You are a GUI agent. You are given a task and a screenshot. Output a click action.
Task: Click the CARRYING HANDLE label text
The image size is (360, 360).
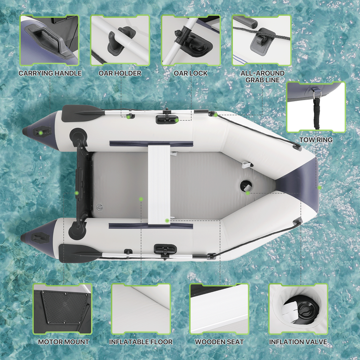coord(50,73)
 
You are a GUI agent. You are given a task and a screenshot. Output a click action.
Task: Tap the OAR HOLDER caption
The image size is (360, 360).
coord(120,73)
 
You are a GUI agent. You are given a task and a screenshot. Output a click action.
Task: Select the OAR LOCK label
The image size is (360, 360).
coord(190,73)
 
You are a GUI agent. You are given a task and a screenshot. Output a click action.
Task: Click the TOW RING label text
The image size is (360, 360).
coord(316,140)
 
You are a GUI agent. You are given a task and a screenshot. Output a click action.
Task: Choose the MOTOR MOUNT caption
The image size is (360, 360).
coord(63,342)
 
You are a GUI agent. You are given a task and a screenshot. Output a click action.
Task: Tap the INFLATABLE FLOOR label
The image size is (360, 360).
coord(141,342)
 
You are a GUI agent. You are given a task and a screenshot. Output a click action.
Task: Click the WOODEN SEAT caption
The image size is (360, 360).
coord(219,342)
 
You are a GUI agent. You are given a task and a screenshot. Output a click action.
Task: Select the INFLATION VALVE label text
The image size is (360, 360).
coord(298,342)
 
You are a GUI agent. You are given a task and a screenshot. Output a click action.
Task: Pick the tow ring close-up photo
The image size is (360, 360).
coord(316,107)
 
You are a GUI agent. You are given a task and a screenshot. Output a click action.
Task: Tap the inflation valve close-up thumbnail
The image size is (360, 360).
coord(298,309)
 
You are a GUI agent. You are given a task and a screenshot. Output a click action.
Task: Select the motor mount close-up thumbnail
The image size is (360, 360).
coord(62,309)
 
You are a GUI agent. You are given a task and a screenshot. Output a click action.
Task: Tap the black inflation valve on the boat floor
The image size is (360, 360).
coord(246,186)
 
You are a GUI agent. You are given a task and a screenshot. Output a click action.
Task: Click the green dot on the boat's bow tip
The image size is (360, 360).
coord(319,187)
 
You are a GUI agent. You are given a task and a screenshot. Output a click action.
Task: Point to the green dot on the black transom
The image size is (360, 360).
coord(76,193)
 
